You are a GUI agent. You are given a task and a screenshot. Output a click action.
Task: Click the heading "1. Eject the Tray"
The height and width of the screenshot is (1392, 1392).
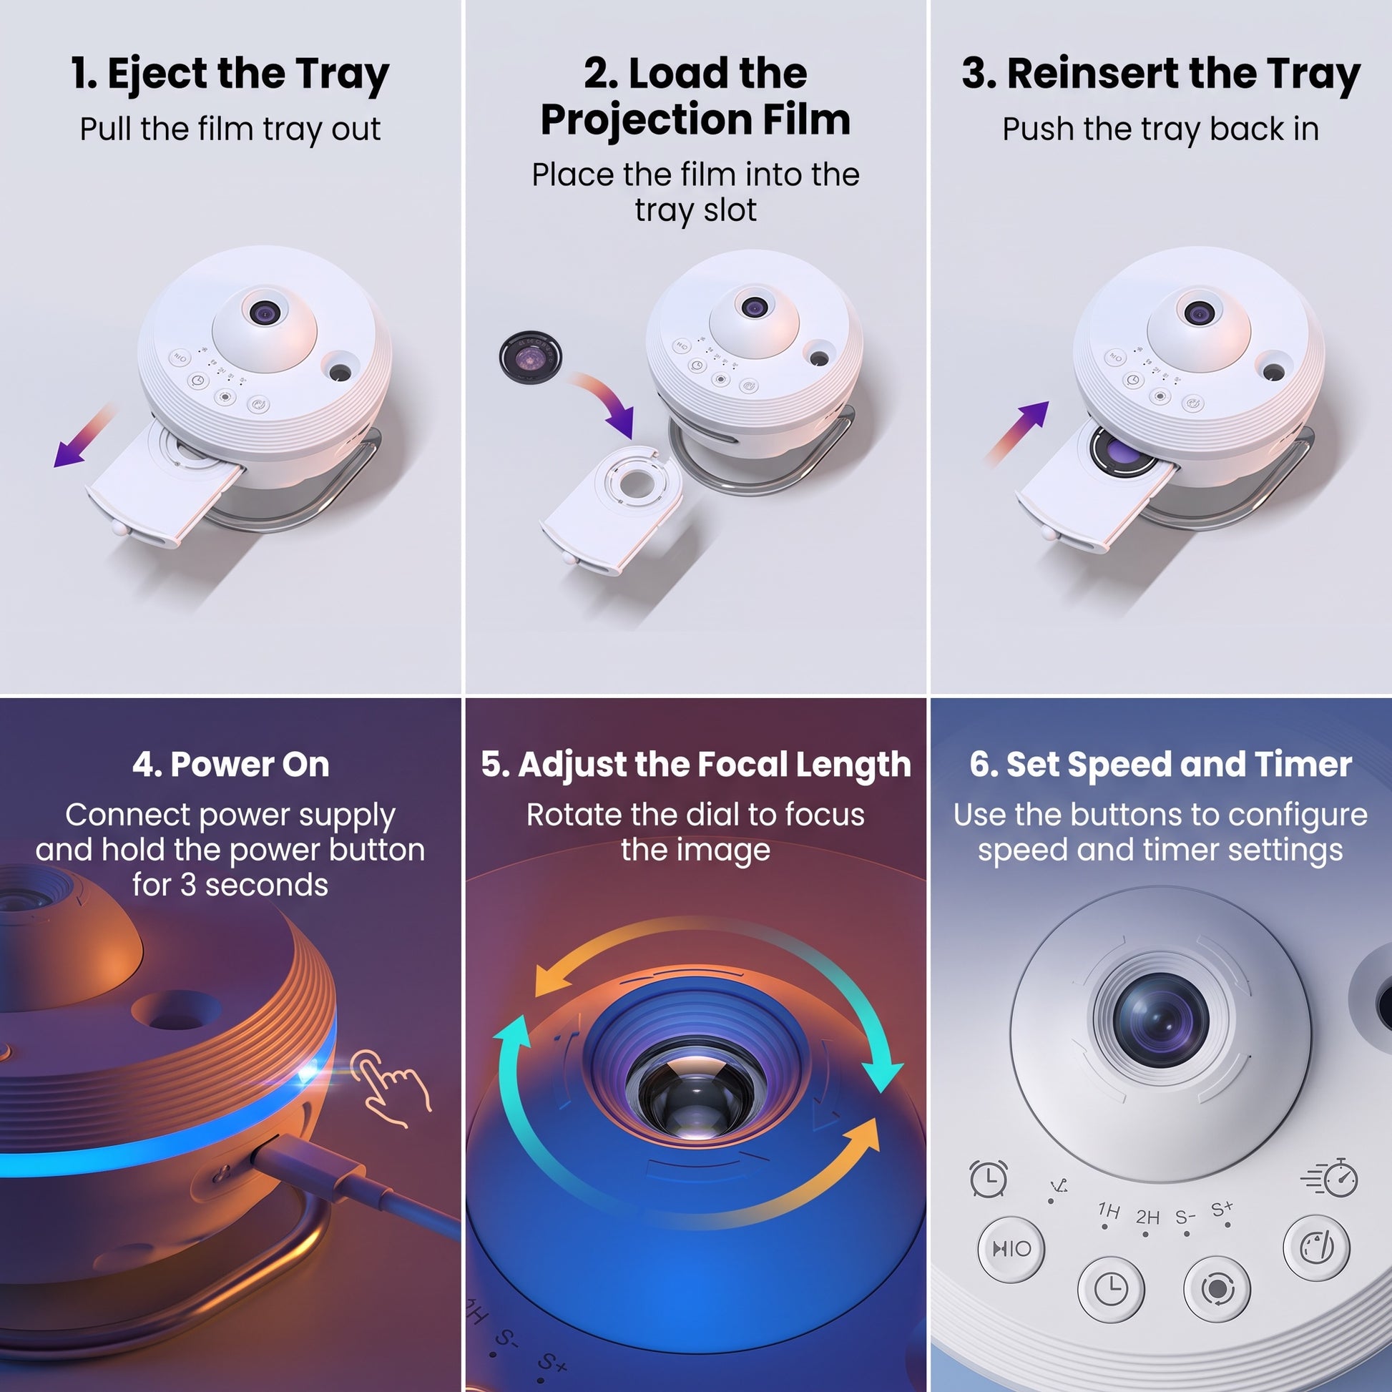coord(230,75)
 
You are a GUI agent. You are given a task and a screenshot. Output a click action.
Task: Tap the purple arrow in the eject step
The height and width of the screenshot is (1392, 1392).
coord(84,436)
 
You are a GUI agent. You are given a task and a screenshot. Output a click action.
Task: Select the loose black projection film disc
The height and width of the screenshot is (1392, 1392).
coord(530,356)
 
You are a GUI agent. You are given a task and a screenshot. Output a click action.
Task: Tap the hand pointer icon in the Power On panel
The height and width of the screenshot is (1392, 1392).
coord(391,1088)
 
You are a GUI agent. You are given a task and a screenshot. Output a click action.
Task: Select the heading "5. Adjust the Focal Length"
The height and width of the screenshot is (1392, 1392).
coord(696,765)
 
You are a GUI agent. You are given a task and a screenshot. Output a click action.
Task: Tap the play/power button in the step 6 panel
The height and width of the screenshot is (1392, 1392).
coord(1011,1249)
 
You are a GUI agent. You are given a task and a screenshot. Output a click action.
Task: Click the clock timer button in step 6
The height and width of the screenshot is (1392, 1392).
coord(1111,1289)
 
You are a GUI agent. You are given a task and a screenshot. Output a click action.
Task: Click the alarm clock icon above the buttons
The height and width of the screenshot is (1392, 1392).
coord(989,1179)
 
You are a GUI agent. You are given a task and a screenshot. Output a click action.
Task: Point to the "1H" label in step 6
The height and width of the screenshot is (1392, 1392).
coord(1109,1210)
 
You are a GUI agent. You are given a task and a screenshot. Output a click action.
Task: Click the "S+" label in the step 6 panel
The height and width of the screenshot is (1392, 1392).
coord(1222,1207)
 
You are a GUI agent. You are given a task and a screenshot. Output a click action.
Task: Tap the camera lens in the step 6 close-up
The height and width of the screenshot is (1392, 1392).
coord(1161,1021)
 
